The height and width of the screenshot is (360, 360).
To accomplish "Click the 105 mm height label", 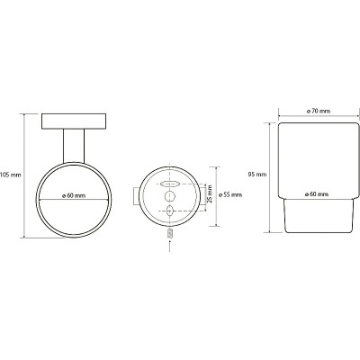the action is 11,175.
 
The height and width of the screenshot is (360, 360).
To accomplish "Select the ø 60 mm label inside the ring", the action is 74,195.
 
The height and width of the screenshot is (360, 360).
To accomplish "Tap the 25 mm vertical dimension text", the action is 210,193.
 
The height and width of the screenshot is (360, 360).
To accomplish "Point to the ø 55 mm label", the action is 230,194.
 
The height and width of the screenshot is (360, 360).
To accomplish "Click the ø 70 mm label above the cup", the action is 319,111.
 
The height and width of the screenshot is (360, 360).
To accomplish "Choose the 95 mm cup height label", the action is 257,174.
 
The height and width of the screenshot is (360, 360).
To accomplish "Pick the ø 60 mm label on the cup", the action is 317,194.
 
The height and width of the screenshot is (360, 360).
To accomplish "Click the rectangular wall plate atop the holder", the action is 74,121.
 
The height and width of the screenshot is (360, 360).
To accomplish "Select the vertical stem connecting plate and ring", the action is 74,146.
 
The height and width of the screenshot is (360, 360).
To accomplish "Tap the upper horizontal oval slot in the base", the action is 170,184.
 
